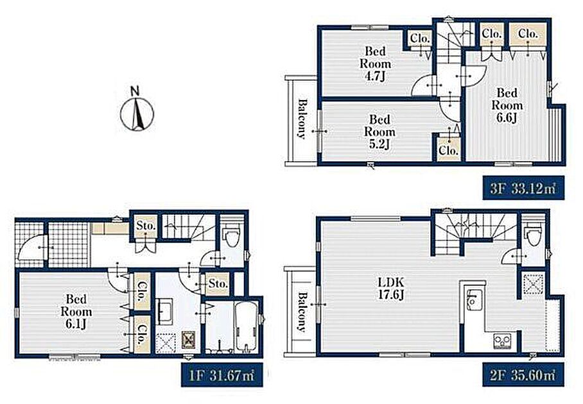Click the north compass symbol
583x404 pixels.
click(x=137, y=110)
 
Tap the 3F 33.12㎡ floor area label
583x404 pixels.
click(x=523, y=189)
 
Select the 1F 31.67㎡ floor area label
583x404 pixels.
click(x=222, y=375)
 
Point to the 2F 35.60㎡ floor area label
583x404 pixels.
click(x=523, y=375)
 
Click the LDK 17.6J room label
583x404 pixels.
click(x=391, y=288)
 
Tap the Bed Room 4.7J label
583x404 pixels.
click(x=375, y=63)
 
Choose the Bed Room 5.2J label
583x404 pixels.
click(x=379, y=132)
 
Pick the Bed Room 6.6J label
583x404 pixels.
click(x=507, y=105)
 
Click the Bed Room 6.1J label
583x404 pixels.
click(x=76, y=311)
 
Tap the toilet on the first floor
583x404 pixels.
click(x=231, y=237)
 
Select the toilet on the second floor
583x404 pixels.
click(x=533, y=237)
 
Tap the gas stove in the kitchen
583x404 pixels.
click(x=502, y=341)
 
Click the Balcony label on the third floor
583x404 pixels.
click(x=302, y=119)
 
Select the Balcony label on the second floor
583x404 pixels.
click(x=302, y=312)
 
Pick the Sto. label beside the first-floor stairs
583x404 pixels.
click(x=145, y=225)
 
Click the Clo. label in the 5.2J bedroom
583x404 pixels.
click(x=448, y=151)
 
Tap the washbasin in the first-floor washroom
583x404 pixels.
click(x=164, y=311)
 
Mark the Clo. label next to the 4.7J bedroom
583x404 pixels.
click(x=421, y=37)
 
